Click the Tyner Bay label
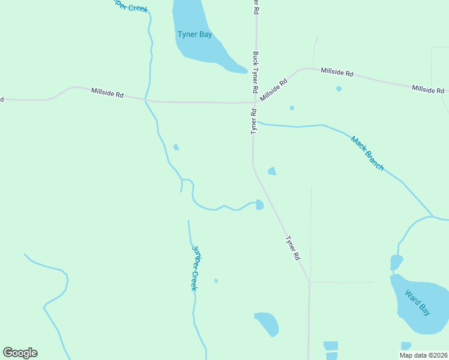point(194,34)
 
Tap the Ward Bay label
point(417,302)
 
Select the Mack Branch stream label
point(367,154)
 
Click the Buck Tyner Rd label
point(256,71)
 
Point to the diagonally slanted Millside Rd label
point(274,88)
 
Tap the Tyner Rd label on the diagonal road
point(292,247)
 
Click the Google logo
point(20,353)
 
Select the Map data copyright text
point(423,355)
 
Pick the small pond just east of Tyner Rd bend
point(272,172)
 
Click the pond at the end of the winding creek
point(259,205)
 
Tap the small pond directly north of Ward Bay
point(396,263)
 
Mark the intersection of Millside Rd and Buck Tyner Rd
point(255,103)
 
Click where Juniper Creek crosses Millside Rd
point(145,100)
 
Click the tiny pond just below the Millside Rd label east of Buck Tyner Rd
point(339,89)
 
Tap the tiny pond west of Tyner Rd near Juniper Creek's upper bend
point(176,147)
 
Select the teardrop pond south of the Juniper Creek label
point(267,323)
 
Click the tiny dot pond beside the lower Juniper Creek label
point(215,280)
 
